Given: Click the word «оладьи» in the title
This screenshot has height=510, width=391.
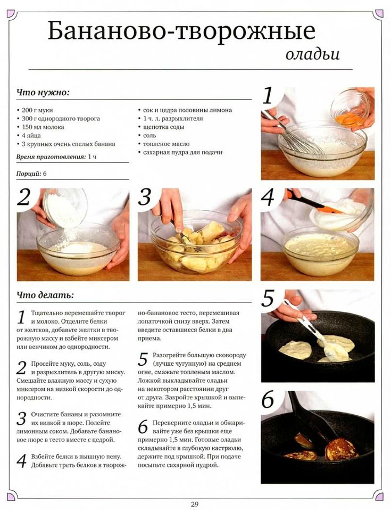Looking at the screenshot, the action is (313, 54).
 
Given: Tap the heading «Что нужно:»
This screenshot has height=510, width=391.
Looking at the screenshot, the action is (43, 93).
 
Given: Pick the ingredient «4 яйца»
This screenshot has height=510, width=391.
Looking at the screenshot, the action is (29, 135).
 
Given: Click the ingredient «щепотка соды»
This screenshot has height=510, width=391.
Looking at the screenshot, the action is (161, 127).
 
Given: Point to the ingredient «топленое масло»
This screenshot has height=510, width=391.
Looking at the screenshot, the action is (164, 144).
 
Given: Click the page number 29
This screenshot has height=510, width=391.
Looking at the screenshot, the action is (194, 505).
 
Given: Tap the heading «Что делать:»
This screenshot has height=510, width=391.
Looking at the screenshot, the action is (45, 295).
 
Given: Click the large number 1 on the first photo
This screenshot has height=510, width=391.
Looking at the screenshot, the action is (268, 96).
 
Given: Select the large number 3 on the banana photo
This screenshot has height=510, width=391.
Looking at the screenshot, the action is (145, 197).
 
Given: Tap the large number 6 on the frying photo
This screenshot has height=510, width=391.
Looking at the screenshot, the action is (268, 399).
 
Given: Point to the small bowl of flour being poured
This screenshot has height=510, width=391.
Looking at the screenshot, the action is (65, 208).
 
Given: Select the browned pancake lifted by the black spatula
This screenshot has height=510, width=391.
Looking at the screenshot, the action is (342, 449).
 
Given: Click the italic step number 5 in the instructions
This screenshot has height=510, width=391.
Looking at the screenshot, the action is (143, 360).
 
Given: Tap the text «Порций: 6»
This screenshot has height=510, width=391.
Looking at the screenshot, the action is (31, 174).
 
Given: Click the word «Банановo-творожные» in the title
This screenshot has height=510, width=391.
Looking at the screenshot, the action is (182, 31).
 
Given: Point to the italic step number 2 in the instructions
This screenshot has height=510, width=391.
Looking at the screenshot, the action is (21, 368).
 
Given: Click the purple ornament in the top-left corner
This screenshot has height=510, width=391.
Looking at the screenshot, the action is (11, 14).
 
